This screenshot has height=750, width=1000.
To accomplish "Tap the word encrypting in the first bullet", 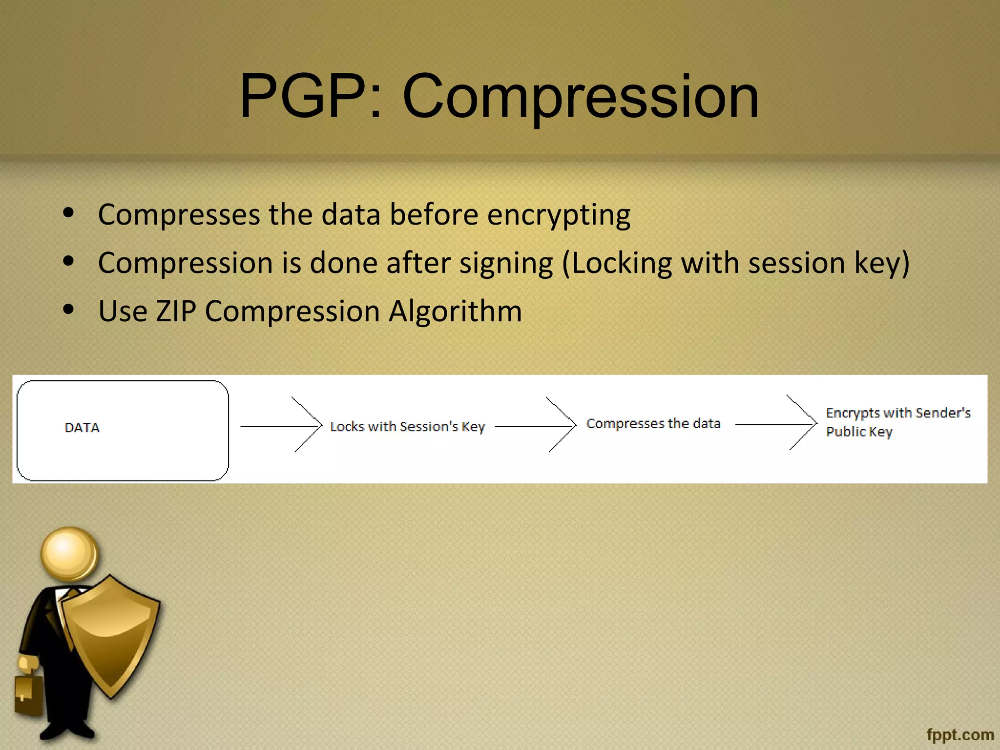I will point(559,215).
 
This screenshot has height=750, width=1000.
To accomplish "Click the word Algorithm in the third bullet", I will point(455,311).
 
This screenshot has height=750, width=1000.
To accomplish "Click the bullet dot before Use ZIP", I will point(68,309).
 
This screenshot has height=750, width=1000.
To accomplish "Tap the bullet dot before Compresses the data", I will point(68,212).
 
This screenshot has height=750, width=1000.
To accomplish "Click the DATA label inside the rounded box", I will point(82,428).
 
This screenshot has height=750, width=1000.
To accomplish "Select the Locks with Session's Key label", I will point(407,427).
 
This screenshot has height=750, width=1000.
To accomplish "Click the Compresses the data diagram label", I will point(653,423).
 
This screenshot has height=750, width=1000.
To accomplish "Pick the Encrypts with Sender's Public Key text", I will point(897,422).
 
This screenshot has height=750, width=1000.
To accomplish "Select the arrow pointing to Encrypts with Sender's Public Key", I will point(776,424).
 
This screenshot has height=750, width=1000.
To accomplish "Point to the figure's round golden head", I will point(69,553).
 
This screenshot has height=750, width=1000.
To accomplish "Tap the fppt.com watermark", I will point(960,735).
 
